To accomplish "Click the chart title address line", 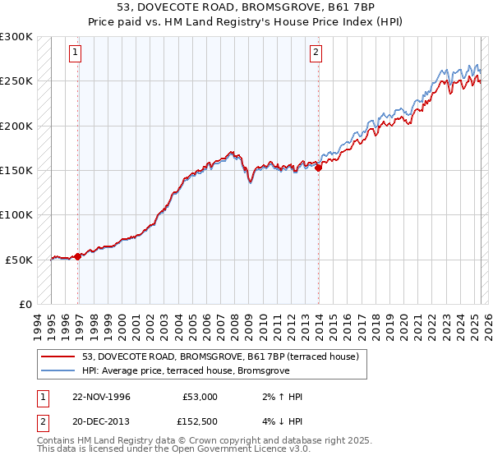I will coord(246,7).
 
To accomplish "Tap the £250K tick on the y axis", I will coord(17,81).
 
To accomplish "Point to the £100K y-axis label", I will coord(17,214).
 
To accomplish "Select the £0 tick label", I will coord(25,304).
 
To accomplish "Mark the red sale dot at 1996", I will coord(78,256).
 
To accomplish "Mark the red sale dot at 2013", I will coord(319,168).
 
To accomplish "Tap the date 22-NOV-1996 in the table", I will coord(101,397).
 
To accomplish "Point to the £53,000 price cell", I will coord(200,397).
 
